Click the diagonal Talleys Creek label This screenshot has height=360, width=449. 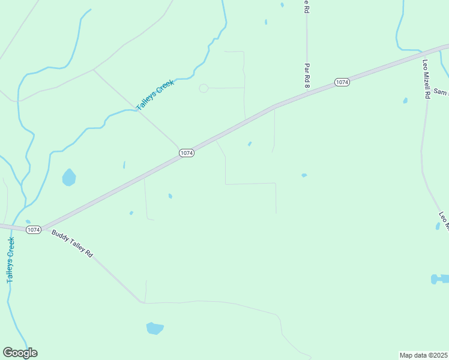pyautogui.click(x=155, y=95)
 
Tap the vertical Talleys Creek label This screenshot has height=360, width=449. pyautogui.click(x=10, y=260)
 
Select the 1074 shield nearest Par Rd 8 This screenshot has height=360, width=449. pyautogui.click(x=342, y=82)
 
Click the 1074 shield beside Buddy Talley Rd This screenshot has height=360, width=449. pyautogui.click(x=34, y=229)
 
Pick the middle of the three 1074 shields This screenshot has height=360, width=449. pyautogui.click(x=187, y=153)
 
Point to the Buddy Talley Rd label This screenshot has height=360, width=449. pyautogui.click(x=72, y=244)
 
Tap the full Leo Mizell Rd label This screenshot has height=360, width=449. pyautogui.click(x=427, y=79)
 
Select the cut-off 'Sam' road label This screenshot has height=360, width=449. pyautogui.click(x=441, y=92)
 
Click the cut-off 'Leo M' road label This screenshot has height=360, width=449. pyautogui.click(x=444, y=221)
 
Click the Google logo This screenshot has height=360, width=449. pyautogui.click(x=20, y=353)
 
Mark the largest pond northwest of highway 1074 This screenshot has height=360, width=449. pyautogui.click(x=69, y=177)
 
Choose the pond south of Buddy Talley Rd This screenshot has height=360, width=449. pyautogui.click(x=155, y=328)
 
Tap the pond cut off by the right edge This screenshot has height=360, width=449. pyautogui.click(x=441, y=279)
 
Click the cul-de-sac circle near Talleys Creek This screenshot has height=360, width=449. pyautogui.click(x=203, y=88)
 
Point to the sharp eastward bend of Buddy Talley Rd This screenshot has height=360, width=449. pyautogui.click(x=143, y=302)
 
